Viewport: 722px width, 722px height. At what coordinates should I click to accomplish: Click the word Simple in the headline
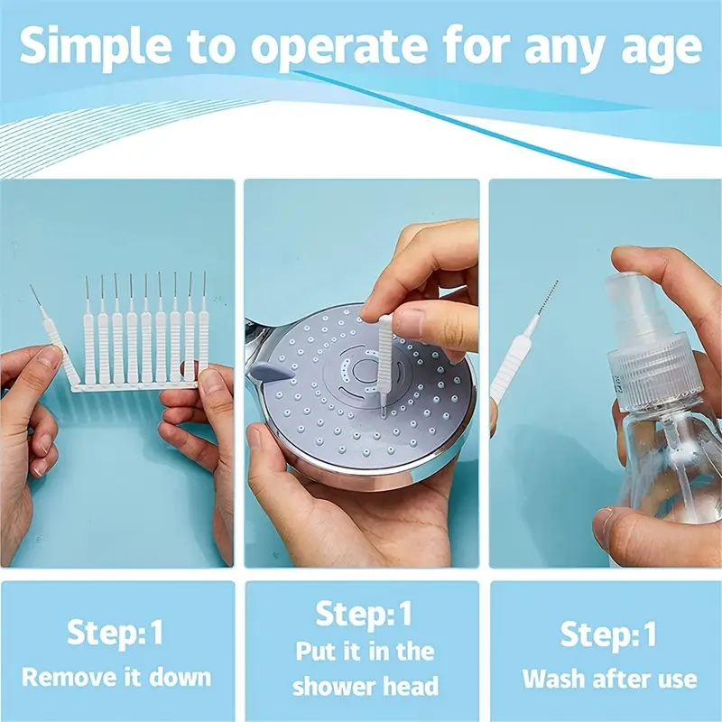coord(95,45)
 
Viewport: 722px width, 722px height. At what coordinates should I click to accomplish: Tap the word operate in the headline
coord(339,47)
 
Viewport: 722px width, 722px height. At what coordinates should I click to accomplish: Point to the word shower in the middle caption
coord(332,686)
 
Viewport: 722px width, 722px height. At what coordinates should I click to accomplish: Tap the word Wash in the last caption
coord(552,679)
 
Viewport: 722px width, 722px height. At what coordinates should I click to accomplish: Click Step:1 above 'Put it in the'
coord(364,614)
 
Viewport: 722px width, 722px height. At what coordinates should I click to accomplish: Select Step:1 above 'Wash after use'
coord(607,634)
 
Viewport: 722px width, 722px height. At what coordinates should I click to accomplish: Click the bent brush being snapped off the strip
coord(53,336)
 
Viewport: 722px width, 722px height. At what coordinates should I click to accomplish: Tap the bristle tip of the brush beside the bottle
coord(548,297)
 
